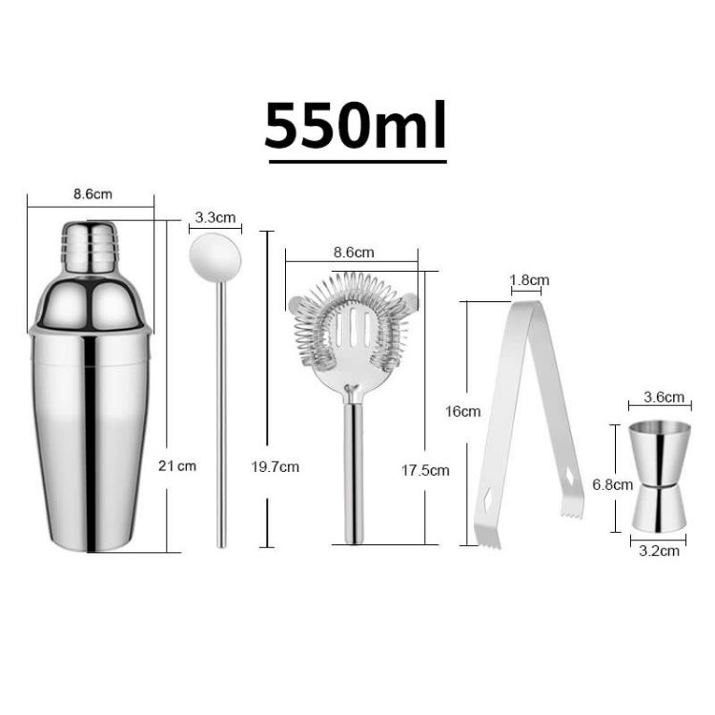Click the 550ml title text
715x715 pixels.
356,126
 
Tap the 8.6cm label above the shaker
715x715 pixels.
92,194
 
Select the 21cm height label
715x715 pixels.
177,466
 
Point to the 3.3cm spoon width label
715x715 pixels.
214,217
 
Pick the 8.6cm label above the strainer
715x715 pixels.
354,253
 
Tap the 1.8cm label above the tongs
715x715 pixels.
530,280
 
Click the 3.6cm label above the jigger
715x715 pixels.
664,397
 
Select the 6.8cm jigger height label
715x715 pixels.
612,484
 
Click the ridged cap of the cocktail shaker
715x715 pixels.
91,247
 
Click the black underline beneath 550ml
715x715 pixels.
357,162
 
